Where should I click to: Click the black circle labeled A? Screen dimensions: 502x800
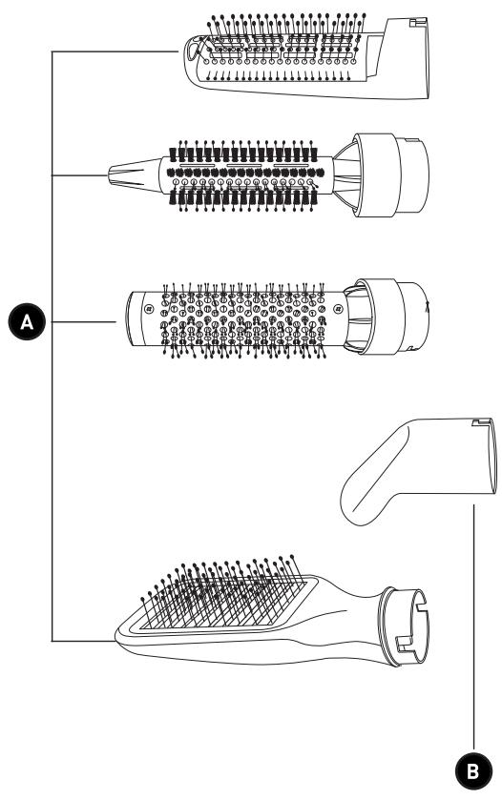[27, 322]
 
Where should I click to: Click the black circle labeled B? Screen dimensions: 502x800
[473, 771]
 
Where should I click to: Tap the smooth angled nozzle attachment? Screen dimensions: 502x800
[419, 469]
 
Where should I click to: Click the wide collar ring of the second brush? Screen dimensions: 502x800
[375, 175]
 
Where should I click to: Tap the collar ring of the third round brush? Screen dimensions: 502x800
[381, 317]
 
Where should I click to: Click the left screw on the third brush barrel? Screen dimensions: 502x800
[149, 308]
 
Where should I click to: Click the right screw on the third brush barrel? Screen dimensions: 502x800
[337, 308]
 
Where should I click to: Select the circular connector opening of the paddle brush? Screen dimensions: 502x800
[407, 627]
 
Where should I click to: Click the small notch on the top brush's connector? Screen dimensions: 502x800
[419, 22]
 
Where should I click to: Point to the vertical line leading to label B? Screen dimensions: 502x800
[474, 628]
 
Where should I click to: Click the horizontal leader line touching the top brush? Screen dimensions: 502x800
[115, 51]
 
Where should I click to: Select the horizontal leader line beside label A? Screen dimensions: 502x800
[84, 322]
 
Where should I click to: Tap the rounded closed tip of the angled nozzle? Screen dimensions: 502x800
[353, 505]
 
